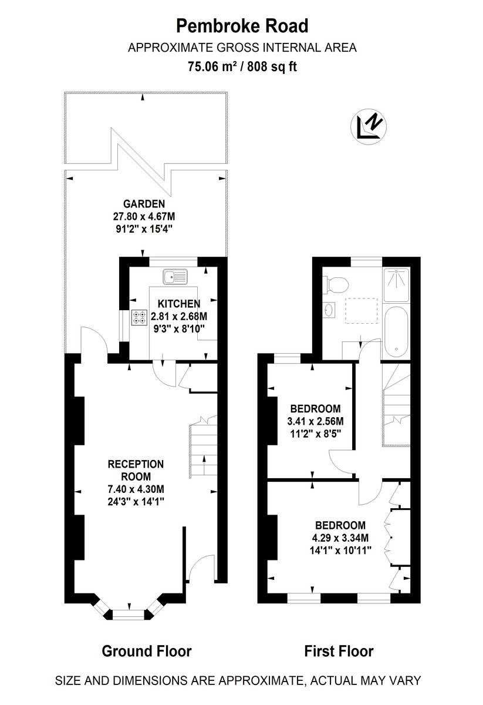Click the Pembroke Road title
pos(242,26)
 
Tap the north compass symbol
pos(370,126)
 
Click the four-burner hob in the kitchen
pos(140,317)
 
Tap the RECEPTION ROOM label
pos(136,470)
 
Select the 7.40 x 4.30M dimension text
pos(136,489)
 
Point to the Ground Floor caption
pos(147,651)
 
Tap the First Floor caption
pos(339,651)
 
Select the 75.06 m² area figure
pos(212,66)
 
